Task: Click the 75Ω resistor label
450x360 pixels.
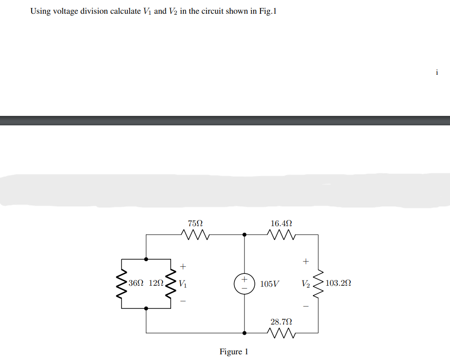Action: (195, 222)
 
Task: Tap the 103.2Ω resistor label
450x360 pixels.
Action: (338, 283)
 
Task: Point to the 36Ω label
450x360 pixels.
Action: (135, 283)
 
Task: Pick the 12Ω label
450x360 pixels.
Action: (156, 283)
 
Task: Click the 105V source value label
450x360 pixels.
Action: (269, 284)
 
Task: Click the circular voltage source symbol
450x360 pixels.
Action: (244, 284)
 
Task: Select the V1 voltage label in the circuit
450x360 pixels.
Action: (183, 284)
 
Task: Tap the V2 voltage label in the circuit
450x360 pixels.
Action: (306, 284)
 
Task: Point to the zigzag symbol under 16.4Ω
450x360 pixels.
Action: (281, 234)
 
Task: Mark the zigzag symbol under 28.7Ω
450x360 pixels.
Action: (281, 334)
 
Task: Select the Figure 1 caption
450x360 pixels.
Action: (234, 351)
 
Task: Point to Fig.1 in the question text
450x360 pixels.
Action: (267, 11)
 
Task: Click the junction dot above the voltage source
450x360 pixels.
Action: (244, 234)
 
